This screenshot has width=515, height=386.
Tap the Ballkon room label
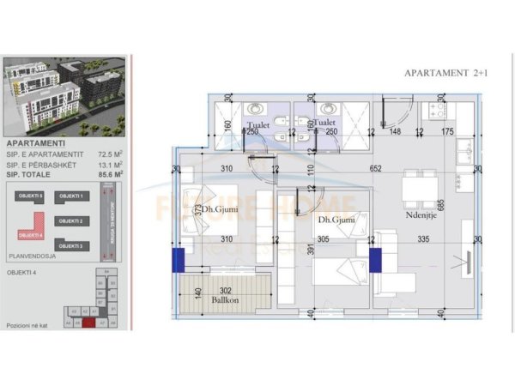[x=227, y=301]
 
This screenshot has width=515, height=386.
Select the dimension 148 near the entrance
[x=397, y=131]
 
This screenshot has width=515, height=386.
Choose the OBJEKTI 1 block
[x=71, y=196]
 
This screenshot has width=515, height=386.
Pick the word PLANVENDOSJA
[x=30, y=254]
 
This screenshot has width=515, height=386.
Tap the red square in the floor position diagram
[x=88, y=323]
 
